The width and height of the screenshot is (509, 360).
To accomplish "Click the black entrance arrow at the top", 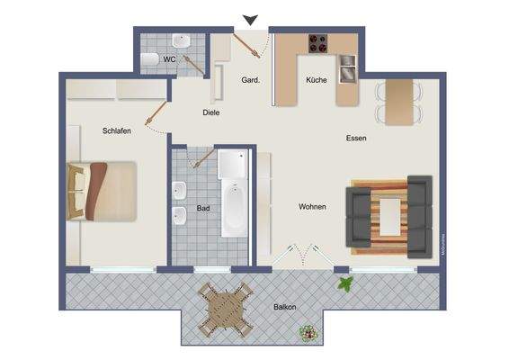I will (251, 20).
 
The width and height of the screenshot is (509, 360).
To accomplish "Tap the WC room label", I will (168, 58).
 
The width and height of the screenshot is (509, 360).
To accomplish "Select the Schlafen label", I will (117, 130).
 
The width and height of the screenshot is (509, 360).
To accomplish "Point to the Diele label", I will (211, 112).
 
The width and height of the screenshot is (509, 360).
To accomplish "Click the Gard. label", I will (251, 80).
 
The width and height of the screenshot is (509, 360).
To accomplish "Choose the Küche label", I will (316, 80).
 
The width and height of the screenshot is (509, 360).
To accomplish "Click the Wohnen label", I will (312, 207).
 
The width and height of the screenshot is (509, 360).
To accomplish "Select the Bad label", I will (203, 208).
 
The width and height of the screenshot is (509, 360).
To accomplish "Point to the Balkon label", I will (286, 307).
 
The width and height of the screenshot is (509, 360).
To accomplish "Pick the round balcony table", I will (225, 310).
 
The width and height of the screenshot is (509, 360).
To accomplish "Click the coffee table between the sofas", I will (389, 216).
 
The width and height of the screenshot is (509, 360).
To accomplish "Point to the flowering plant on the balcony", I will (308, 332).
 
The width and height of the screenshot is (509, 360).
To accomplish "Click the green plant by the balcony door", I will (344, 284).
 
